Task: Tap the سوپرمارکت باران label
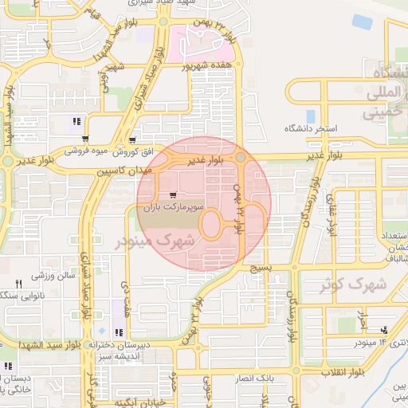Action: pos(174,206)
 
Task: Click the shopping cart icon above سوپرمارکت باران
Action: pos(173,194)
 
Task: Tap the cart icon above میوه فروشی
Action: pos(85,139)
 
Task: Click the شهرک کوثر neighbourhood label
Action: pos(355,284)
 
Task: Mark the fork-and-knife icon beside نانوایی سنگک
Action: pos(18,283)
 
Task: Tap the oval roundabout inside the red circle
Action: pos(210,225)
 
